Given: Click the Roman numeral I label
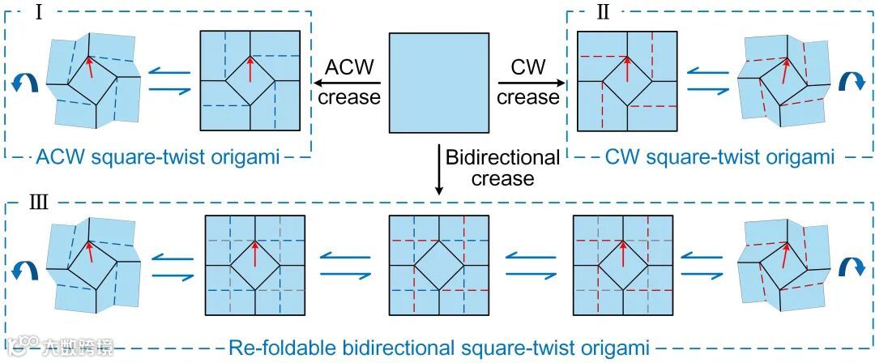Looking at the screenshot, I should pos(37,15).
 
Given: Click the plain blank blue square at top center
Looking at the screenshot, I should pos(438,83).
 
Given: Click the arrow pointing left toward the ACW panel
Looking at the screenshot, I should pos(348,83).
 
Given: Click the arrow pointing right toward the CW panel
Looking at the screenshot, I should pos(528,83).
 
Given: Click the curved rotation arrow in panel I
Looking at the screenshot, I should pos(23,83).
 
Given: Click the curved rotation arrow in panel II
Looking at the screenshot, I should pos(852,83).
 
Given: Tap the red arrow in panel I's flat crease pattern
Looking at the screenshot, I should pos(250,70).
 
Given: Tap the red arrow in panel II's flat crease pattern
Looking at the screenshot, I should pos(626,70).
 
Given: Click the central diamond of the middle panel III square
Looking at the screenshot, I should pos(438,266).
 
